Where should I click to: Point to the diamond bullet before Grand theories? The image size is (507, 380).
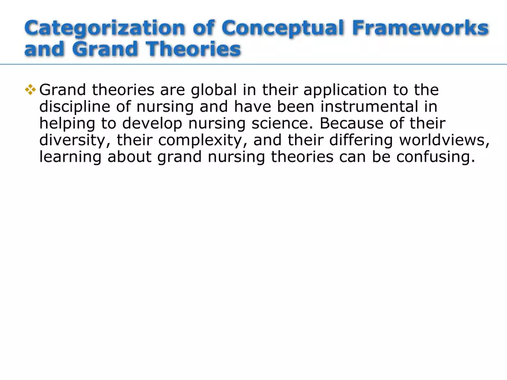pyautogui.click(x=31, y=90)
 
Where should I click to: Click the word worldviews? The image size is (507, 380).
pyautogui.click(x=442, y=140)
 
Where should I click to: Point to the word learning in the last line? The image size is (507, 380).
pyautogui.click(x=71, y=157)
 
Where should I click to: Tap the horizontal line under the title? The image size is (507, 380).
pyautogui.click(x=253, y=64)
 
